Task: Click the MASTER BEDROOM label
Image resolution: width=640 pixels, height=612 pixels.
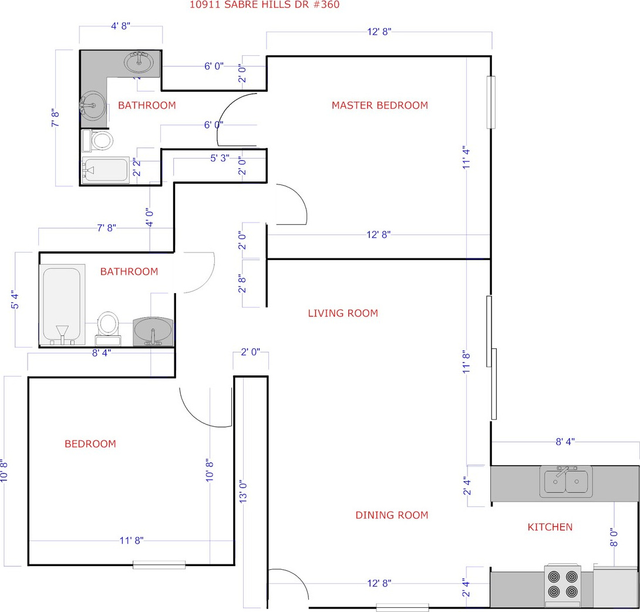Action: point(379,105)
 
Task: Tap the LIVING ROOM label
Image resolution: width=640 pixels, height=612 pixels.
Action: point(343,313)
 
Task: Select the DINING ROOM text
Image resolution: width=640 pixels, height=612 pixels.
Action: point(392,515)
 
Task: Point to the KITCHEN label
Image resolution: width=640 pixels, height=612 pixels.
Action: point(550,527)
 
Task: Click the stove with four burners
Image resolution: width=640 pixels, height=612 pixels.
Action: point(562,586)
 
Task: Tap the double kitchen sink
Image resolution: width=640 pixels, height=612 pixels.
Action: point(565,482)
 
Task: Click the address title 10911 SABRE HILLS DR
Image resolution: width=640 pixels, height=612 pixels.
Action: point(264,5)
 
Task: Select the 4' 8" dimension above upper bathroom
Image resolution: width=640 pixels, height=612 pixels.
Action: point(120,26)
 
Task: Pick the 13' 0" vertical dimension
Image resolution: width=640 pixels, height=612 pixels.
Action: point(243,492)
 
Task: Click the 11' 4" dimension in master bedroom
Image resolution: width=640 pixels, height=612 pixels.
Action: point(466,157)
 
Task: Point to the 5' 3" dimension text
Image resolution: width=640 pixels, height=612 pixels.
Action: point(220,158)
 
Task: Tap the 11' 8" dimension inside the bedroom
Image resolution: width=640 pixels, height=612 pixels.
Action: point(132,540)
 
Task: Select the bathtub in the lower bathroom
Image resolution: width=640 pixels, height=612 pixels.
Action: point(62,305)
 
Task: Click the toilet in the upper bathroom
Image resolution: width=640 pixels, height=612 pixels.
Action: point(97,141)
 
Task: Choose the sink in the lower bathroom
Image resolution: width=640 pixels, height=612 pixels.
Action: point(153,332)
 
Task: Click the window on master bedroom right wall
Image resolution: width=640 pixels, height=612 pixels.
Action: point(491,102)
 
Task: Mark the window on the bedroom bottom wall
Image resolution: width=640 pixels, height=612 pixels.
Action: point(159,565)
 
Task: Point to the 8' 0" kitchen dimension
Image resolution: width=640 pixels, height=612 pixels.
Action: point(614,537)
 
